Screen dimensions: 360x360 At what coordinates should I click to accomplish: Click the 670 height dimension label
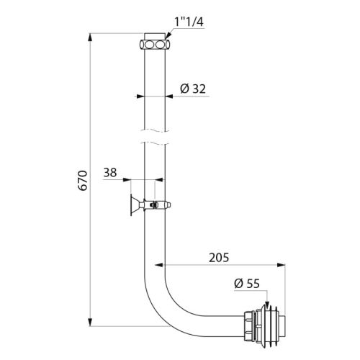click(x=83, y=180)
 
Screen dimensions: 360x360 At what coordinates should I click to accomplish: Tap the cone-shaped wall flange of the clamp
click(x=134, y=205)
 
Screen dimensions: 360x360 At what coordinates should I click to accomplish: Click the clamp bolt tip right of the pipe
click(x=170, y=204)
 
